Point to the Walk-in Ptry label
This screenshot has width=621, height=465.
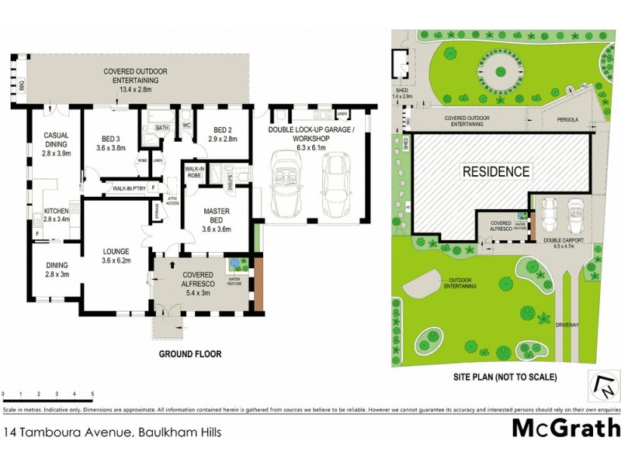pos(129,188)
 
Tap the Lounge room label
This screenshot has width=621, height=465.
pos(120,257)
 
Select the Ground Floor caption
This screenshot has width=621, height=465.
pos(190,354)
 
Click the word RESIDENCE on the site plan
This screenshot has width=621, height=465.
pos(497,172)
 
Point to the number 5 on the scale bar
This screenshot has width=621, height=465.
pos(92,395)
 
